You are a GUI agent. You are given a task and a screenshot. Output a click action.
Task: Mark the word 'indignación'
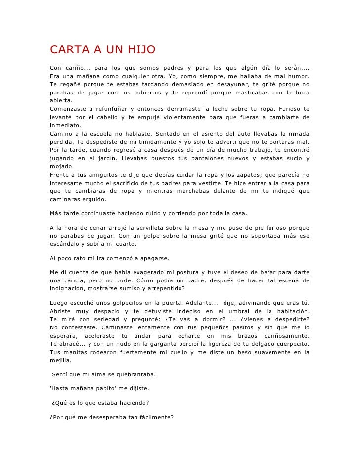pyautogui.click(x=68, y=288)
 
